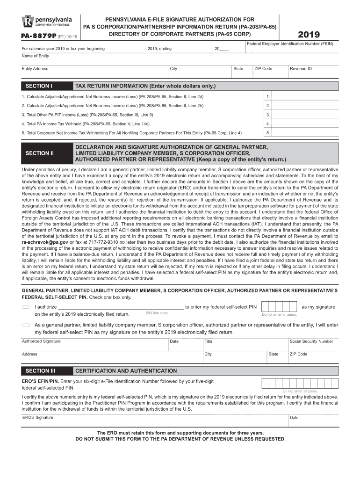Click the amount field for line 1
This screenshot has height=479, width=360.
pos(304,97)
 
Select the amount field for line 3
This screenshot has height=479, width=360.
pos(304,115)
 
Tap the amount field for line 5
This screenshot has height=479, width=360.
pos(304,133)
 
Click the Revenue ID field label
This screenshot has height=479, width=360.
pos(301,69)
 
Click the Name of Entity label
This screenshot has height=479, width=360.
pos(35,56)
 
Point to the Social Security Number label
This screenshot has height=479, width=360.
pos(311,341)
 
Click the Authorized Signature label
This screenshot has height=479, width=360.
pos(41,341)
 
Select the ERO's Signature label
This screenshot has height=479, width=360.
pos(37,417)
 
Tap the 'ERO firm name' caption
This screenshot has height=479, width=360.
pos(157,313)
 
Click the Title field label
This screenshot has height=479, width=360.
pos(209,341)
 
